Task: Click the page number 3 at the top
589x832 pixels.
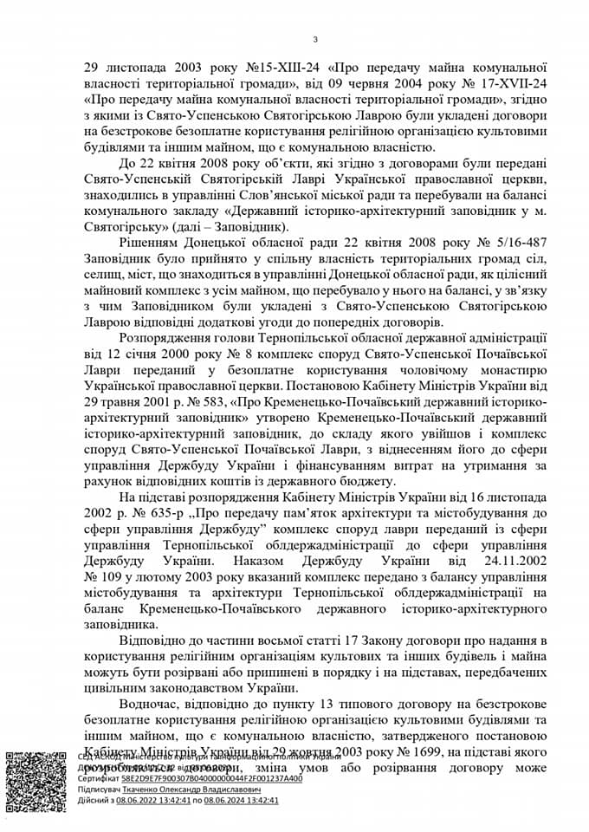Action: tap(315, 38)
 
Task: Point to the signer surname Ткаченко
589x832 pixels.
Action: tap(143, 790)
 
